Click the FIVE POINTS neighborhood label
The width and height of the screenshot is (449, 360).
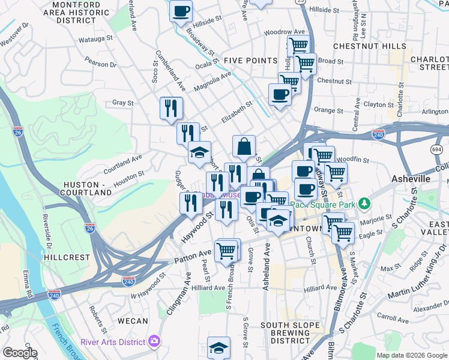coord(250,61)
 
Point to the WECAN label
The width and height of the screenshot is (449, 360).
coord(133,321)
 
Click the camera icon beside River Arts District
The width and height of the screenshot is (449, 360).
coord(155,341)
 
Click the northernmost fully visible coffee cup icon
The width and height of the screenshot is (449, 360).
coord(181,10)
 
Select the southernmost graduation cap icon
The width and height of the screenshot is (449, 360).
coord(219,347)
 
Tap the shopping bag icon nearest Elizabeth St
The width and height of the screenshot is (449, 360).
coord(244,146)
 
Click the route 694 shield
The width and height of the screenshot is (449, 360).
coord(436,149)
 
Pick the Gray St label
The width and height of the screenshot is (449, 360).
coord(122,103)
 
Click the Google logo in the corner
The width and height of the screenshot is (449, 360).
coord(20,353)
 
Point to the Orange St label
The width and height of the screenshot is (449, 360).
coord(328,110)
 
